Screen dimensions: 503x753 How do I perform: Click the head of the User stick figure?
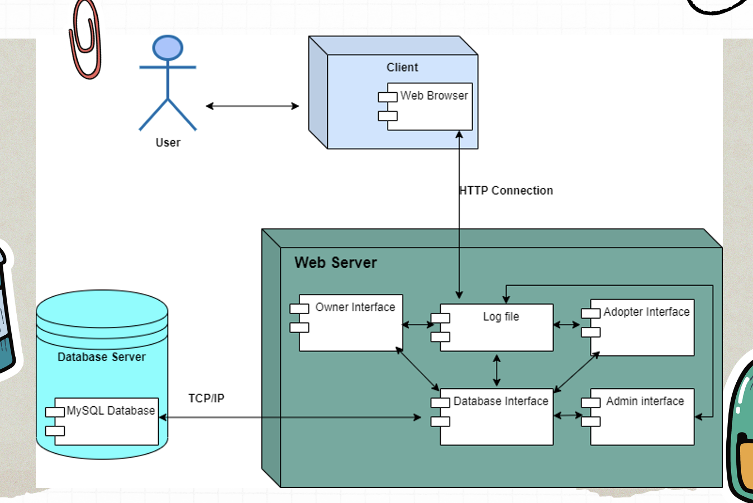(x=168, y=48)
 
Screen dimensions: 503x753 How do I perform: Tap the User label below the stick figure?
(x=168, y=143)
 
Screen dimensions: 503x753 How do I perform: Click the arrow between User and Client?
(x=252, y=106)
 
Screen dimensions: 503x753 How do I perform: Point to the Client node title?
(x=402, y=67)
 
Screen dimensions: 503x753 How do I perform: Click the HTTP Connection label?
(x=506, y=191)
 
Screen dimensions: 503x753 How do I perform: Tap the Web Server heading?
(x=336, y=263)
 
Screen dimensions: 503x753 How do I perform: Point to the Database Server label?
(x=102, y=357)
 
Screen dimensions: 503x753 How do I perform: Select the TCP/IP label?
(x=206, y=398)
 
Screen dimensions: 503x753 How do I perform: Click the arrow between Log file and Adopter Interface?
(x=566, y=325)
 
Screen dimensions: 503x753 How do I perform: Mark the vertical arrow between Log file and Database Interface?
(x=497, y=370)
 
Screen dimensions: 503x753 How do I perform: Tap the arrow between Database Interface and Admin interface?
(x=568, y=415)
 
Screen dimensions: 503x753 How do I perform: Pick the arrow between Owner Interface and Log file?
(x=418, y=324)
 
